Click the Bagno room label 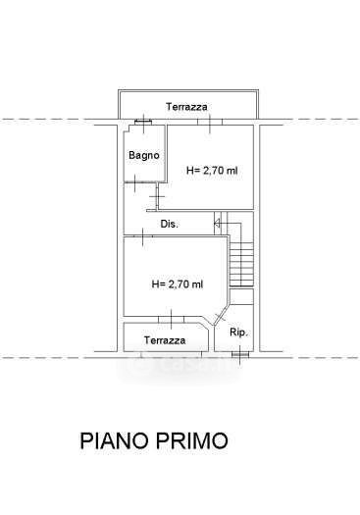coord(144,155)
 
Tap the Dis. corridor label coord(169,224)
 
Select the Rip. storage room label coord(238,333)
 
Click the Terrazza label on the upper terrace coord(186,107)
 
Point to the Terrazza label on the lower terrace coord(165,340)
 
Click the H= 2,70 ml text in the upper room coord(212,171)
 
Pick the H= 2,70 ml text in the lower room coord(178,283)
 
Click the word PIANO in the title coord(115,440)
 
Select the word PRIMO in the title coord(191,440)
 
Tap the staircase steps coord(241,265)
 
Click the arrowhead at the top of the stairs coord(217,224)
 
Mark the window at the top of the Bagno coord(143,123)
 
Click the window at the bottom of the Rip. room coord(239,354)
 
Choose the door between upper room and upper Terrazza coord(210,122)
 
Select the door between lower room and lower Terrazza coord(171,320)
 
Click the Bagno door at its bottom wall coord(136,181)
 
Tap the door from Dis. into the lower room coord(143,235)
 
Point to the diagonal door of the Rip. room coord(220,316)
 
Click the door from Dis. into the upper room coord(157,196)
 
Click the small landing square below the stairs coord(241,297)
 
